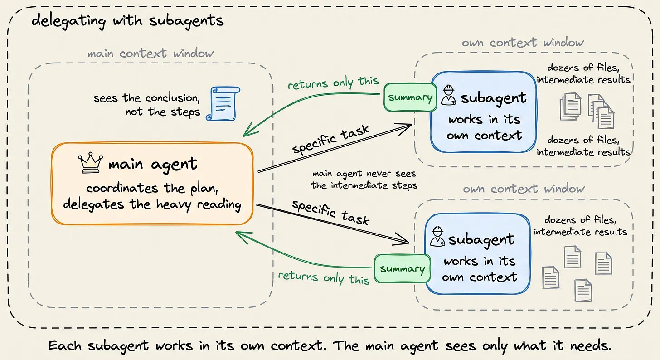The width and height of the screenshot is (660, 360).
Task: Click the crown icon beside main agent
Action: tap(91, 163)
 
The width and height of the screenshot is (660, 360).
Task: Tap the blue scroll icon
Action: tap(223, 104)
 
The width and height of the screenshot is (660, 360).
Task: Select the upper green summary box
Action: tap(410, 97)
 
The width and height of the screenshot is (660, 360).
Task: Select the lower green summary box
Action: tap(402, 268)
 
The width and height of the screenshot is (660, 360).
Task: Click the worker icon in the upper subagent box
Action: tap(448, 95)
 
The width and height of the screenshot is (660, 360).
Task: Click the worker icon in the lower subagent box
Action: tap(437, 236)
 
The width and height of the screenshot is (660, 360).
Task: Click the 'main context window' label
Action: tap(150, 54)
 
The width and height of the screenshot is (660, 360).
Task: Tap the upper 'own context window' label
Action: tap(523, 43)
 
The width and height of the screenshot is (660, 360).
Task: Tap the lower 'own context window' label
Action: tap(524, 189)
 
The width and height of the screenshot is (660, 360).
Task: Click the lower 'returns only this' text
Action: tap(324, 278)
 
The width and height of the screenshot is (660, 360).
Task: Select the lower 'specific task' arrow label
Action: tap(330, 212)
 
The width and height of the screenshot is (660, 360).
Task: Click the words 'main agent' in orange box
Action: tap(153, 165)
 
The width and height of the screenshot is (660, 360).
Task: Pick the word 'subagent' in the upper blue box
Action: tap(494, 98)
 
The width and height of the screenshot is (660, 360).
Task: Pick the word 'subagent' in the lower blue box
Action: tap(481, 240)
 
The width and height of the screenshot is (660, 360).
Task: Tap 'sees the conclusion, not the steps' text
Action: tap(147, 105)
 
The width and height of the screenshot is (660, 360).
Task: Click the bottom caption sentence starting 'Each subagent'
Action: tap(330, 345)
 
